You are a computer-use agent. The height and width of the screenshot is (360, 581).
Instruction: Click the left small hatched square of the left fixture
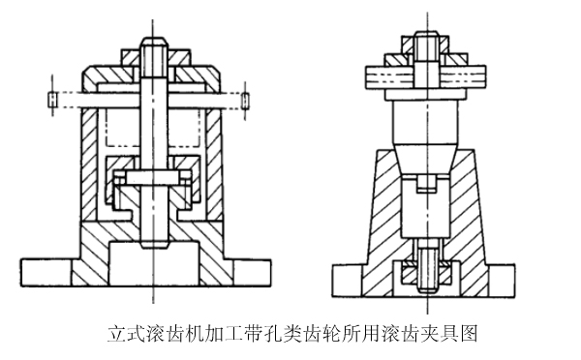click(51, 99)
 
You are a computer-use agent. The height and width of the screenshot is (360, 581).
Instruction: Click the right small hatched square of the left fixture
click(249, 99)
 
